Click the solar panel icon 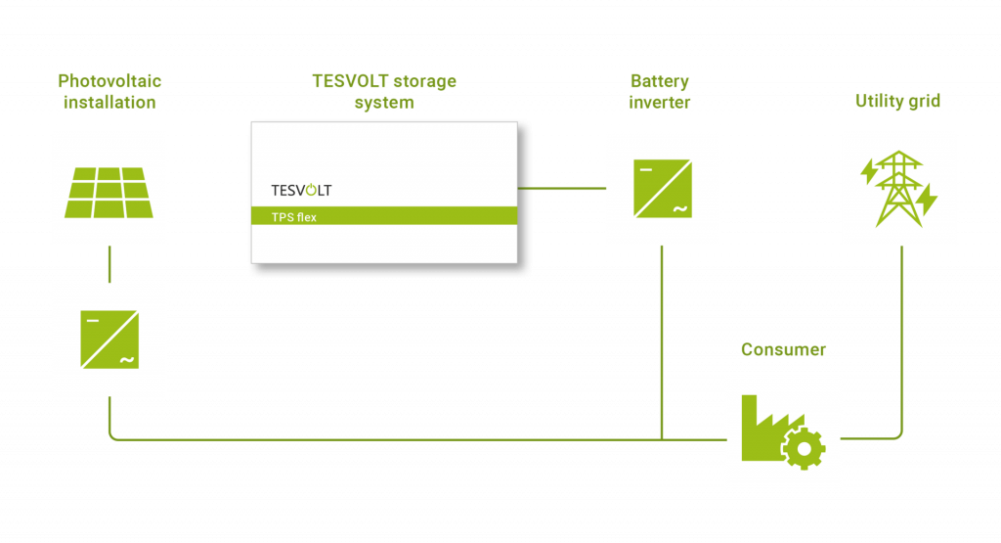click(109, 192)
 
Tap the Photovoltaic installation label click(109, 91)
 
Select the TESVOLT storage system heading click(383, 91)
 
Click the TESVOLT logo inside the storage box click(300, 190)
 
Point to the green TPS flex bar click(383, 216)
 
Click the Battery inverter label click(660, 91)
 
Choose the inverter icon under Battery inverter click(662, 189)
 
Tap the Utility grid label click(897, 101)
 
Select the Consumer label click(783, 349)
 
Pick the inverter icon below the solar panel click(109, 339)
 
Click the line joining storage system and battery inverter click(561, 188)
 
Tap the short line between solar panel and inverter click(109, 263)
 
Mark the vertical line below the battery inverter click(662, 342)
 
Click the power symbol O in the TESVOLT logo click(313, 189)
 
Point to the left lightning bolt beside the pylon click(868, 172)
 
